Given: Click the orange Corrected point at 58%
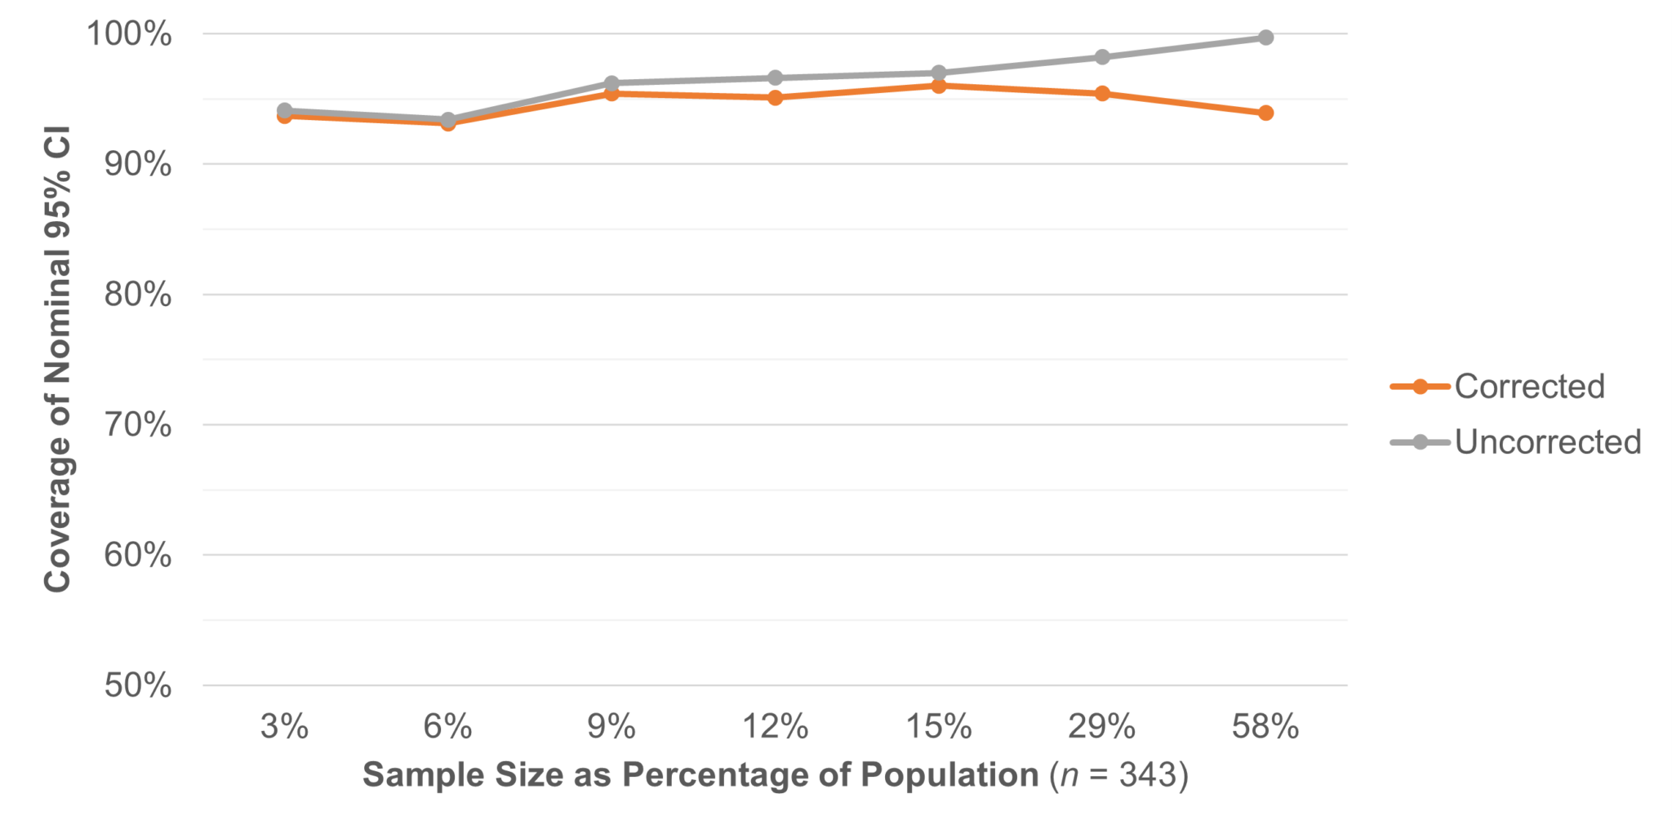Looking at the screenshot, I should click(1265, 113).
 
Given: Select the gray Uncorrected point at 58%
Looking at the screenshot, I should click(1265, 38).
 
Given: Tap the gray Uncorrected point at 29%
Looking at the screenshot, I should click(1102, 57).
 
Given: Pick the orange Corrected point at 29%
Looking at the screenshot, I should click(1102, 94).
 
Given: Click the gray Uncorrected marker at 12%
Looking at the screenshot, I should click(776, 78).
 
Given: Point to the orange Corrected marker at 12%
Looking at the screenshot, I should click(776, 98).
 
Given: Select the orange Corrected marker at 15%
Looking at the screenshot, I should click(939, 86).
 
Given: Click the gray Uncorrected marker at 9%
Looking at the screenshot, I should click(611, 82).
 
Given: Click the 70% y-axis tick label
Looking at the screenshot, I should click(137, 425).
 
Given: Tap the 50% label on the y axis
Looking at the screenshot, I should click(137, 685).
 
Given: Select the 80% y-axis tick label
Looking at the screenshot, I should click(137, 295).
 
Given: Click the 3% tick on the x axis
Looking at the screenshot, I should click(284, 726).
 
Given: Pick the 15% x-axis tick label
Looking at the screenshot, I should click(939, 726).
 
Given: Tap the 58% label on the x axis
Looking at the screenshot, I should click(1265, 726).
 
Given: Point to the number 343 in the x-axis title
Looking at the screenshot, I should click(1147, 774).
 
